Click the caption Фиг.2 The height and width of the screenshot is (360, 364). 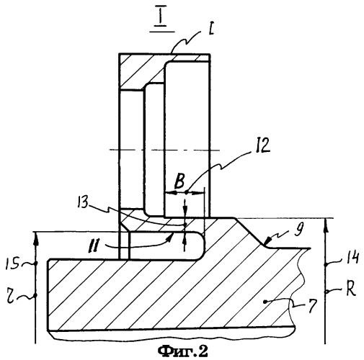182,351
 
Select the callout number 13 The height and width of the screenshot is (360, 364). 82,202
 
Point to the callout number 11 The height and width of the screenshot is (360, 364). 94,246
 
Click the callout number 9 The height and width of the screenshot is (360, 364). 298,229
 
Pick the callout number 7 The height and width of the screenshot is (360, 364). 311,306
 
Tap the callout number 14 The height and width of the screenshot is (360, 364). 352,258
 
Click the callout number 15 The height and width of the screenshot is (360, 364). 12,264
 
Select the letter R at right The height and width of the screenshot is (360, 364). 350,289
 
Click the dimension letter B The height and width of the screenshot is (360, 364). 179,181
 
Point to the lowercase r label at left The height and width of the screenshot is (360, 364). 10,297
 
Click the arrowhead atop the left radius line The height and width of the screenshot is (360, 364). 36,238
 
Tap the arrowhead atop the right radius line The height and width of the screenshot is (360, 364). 326,225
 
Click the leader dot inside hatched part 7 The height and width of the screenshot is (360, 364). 265,302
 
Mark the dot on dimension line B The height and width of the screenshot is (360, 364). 187,192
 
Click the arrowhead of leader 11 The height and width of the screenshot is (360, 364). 171,236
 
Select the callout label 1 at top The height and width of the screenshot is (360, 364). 211,30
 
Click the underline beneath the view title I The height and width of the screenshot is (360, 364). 162,31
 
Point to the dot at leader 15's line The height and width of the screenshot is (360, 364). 36,264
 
